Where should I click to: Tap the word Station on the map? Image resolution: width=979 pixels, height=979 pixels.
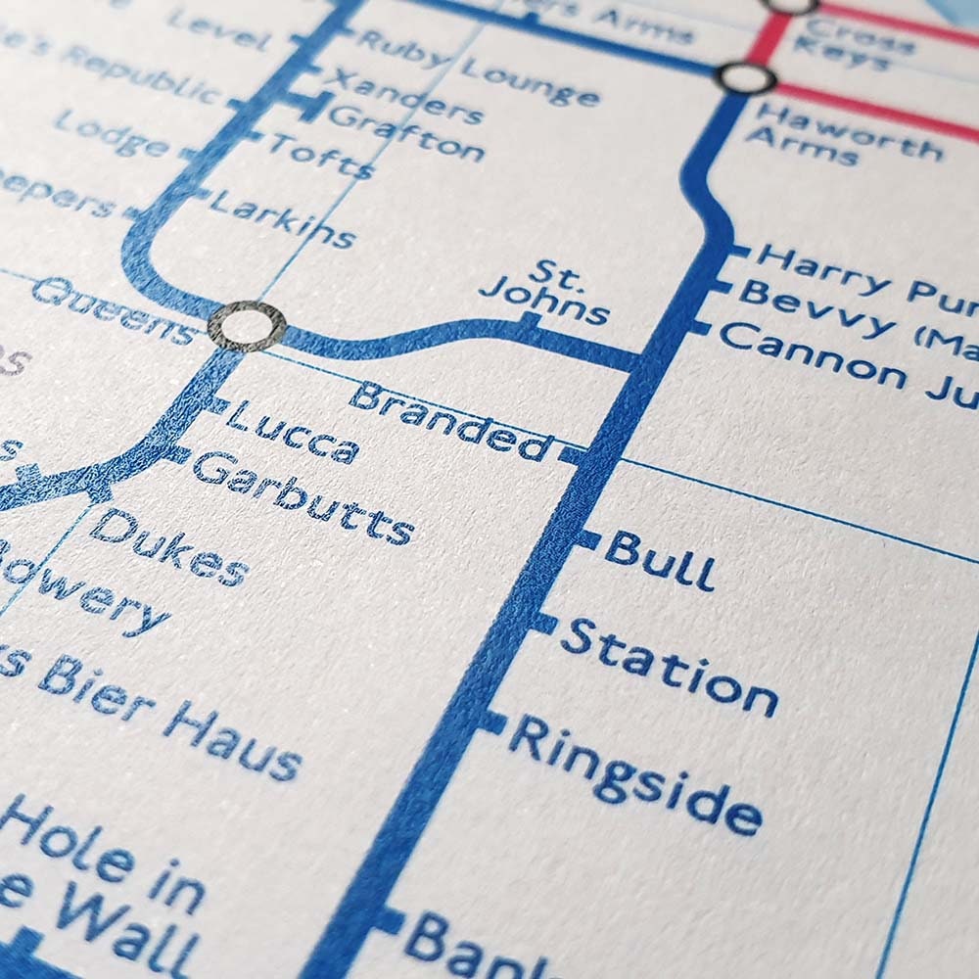pyautogui.click(x=669, y=668)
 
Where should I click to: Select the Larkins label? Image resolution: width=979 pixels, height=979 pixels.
pyautogui.click(x=282, y=218)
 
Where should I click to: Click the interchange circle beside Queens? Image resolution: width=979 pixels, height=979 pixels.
pyautogui.click(x=249, y=326)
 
